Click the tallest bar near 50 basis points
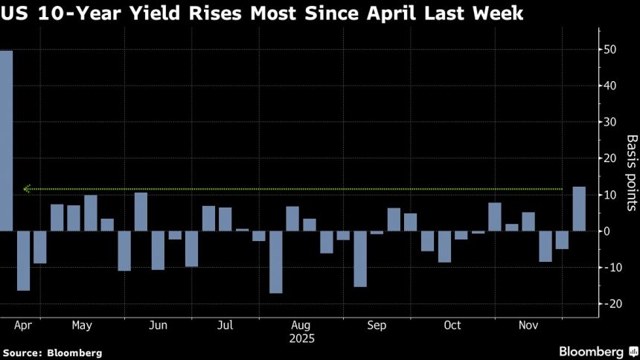tap(6, 141)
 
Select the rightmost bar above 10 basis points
tap(579, 209)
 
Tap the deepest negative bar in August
tap(276, 262)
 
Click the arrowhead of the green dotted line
tap(26, 189)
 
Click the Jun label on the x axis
tap(158, 325)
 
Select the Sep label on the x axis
tap(377, 325)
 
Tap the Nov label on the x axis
tap(528, 325)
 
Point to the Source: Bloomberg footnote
tap(52, 353)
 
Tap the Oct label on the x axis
tap(452, 325)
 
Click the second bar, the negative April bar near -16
tap(23, 260)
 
